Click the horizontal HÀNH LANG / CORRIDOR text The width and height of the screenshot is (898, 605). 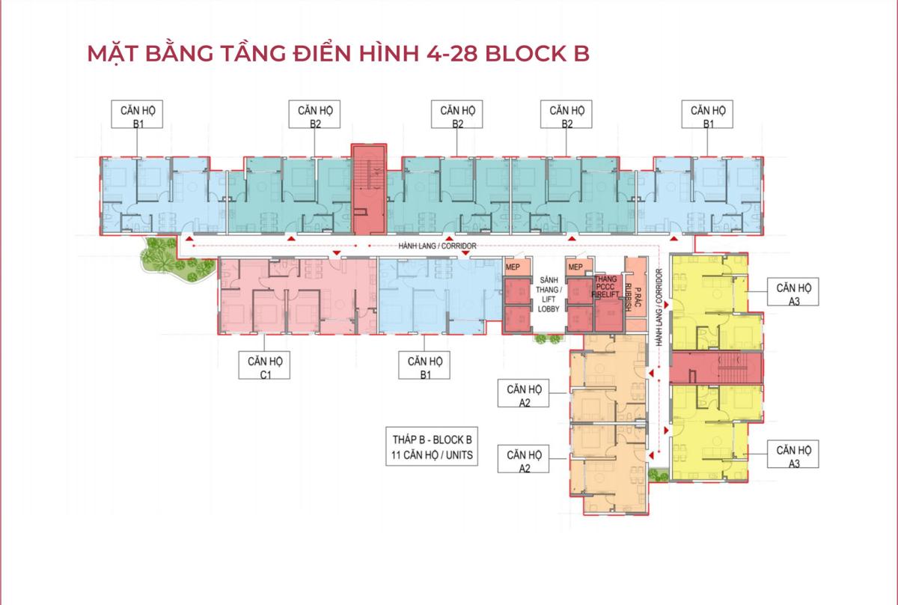tap(438, 246)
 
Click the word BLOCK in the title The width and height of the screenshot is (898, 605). tap(525, 54)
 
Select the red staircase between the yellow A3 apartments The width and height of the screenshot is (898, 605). tap(717, 367)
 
